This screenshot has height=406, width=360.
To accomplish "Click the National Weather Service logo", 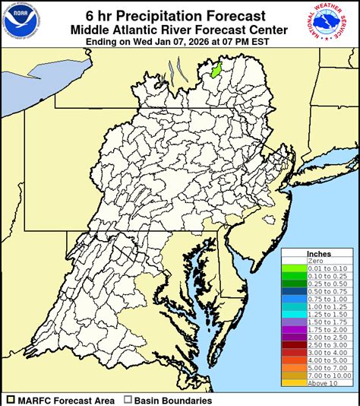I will pyautogui.click(x=338, y=21).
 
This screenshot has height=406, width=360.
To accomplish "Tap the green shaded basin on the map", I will pyautogui.click(x=215, y=70).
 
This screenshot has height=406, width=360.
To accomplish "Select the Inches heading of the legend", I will pyautogui.click(x=318, y=253).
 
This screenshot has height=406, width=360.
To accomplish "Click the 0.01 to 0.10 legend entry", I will pyautogui.click(x=318, y=268).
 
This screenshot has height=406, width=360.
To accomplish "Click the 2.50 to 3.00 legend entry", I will pyautogui.click(x=318, y=344).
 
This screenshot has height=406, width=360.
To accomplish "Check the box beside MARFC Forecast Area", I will pyautogui.click(x=11, y=400).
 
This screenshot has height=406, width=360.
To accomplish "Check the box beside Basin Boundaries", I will pyautogui.click(x=128, y=400).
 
